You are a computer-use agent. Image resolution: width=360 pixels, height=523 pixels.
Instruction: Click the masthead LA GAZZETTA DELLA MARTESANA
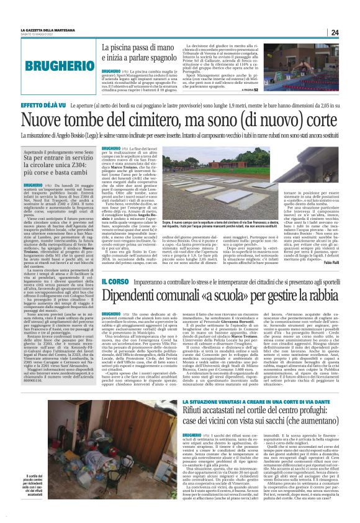point(53,30)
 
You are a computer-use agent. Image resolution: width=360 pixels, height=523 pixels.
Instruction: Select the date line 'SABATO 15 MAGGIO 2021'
point(37,34)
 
